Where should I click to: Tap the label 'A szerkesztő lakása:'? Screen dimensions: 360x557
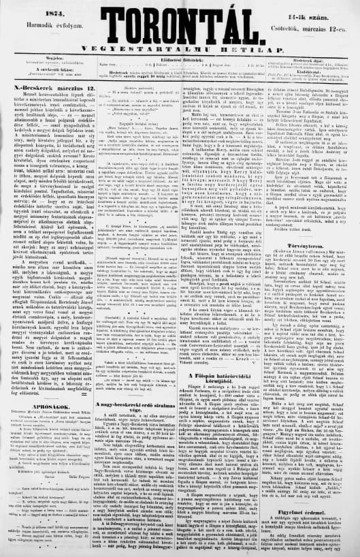tap(46, 69)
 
